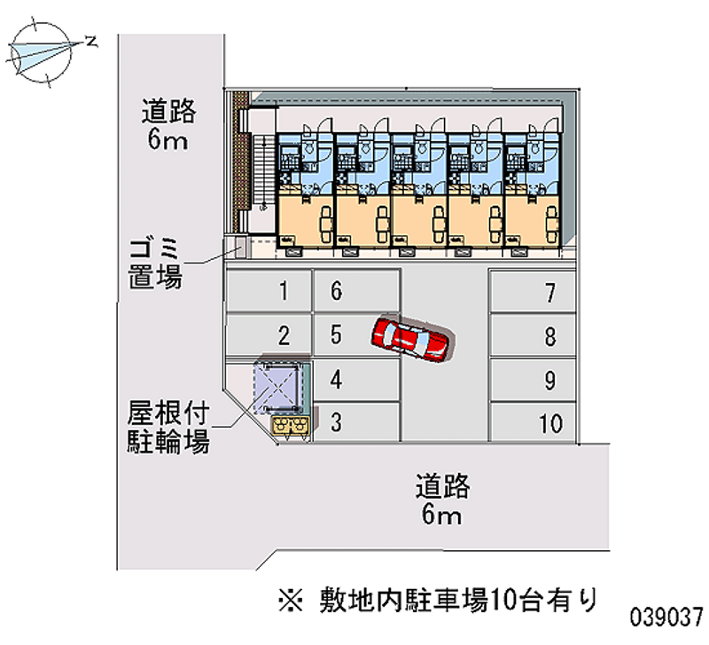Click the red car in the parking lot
click(x=411, y=338)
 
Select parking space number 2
click(x=268, y=335)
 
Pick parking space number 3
click(x=354, y=422)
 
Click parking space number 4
click(x=354, y=379)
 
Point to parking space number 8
click(x=532, y=336)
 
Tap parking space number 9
click(x=532, y=380)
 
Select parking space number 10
click(x=532, y=423)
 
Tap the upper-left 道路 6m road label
click(x=168, y=125)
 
